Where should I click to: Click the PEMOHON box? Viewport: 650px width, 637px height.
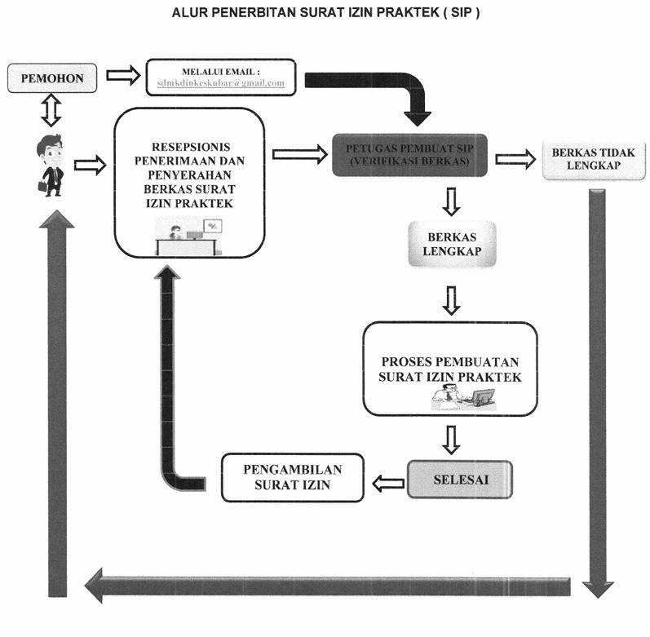(x=52, y=78)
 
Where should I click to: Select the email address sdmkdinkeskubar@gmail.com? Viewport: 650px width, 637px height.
(x=221, y=83)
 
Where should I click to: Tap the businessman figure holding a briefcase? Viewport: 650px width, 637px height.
(x=51, y=166)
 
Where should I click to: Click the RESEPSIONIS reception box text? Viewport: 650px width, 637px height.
(x=189, y=175)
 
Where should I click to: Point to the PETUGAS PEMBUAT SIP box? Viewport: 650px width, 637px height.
(x=409, y=155)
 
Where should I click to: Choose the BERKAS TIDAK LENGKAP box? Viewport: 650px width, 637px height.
(x=594, y=159)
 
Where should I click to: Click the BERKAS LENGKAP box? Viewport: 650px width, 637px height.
(x=452, y=244)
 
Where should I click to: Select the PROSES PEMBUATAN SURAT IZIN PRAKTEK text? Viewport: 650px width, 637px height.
(x=450, y=369)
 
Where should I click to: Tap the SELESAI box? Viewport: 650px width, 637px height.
(x=460, y=480)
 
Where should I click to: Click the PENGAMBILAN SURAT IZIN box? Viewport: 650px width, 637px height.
(x=293, y=477)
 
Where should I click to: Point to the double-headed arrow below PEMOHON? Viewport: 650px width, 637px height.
(x=51, y=110)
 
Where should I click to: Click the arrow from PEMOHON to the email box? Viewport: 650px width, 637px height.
(x=123, y=75)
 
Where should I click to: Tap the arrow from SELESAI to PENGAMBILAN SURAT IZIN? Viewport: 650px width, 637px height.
(x=388, y=483)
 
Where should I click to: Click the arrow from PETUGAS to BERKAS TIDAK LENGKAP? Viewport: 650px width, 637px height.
(x=515, y=159)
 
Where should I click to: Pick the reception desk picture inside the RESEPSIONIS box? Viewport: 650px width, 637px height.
(x=189, y=236)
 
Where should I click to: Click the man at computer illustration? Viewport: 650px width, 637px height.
(x=463, y=397)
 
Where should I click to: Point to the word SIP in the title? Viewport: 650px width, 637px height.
(x=462, y=12)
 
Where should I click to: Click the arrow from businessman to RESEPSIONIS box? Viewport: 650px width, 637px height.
(x=91, y=166)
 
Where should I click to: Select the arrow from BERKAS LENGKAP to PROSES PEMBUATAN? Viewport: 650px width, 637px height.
(x=452, y=300)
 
